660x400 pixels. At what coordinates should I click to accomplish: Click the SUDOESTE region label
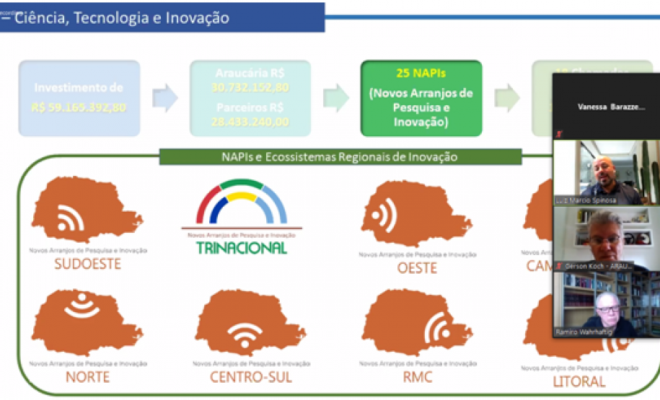coord(87,264)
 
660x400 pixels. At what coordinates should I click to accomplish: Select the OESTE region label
coord(417,267)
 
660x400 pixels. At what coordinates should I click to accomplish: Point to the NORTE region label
coord(87,377)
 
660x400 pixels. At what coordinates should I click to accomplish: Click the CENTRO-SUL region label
coord(251,377)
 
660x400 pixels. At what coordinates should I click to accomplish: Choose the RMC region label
coord(418,375)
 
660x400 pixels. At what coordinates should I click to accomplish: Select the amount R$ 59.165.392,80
coord(79,107)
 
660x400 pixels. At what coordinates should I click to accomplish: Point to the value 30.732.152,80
coord(250,86)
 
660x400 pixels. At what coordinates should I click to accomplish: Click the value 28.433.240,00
coord(250,121)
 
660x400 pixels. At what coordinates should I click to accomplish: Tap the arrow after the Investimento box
coord(164,99)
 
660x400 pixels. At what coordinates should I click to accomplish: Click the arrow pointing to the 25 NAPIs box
coord(335,99)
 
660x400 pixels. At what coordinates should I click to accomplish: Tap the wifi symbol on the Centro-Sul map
coord(245,334)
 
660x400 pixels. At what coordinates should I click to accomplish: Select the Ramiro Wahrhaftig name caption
coord(583,332)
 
